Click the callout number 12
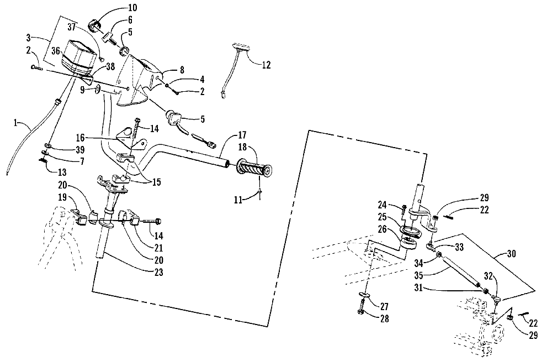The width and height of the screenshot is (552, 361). pos(266,65)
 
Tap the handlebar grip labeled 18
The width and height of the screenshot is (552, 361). pos(254,169)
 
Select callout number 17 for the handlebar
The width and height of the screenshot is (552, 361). pos(242,135)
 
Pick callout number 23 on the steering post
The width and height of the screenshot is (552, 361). pos(159,272)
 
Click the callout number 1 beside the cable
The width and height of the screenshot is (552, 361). pos(15,123)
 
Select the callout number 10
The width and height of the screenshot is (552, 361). pos(132,7)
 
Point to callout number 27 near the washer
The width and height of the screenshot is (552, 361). pos(384,306)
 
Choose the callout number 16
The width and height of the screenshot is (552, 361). pos(81,137)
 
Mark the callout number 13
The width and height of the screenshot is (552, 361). pos(62,172)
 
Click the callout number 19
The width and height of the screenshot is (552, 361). pos(62,197)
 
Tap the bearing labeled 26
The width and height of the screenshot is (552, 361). pos(408,244)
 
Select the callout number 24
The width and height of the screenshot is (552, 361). pos(382,205)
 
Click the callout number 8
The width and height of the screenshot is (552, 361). pos(182,70)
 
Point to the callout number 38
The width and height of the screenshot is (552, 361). pos(110,66)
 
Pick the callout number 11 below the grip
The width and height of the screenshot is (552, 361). pos(238,200)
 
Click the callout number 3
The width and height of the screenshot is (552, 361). pos(29,37)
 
